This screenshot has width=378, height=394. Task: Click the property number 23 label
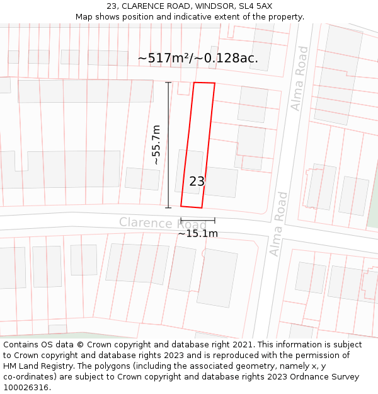click(197, 182)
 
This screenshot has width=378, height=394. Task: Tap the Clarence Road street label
click(163, 223)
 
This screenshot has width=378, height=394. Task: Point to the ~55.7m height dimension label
click(156, 145)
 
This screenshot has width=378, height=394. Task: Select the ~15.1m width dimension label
click(197, 234)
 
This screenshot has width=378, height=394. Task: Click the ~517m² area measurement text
click(164, 59)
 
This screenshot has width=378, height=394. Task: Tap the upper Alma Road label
click(300, 78)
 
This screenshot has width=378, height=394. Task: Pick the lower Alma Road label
click(278, 224)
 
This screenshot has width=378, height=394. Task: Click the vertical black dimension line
click(168, 145)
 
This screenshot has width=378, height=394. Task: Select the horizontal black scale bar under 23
click(197, 221)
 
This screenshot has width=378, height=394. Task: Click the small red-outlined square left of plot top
click(183, 89)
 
